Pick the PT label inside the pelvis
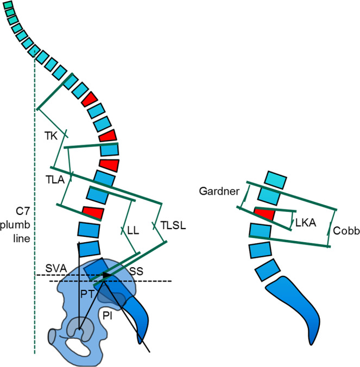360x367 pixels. (x=89, y=294)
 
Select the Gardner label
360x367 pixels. (x=216, y=191)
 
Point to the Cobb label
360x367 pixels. (x=345, y=230)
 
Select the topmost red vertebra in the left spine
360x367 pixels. (x=90, y=99)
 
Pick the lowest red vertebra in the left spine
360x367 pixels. (x=92, y=212)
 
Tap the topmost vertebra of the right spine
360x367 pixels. (x=274, y=178)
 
